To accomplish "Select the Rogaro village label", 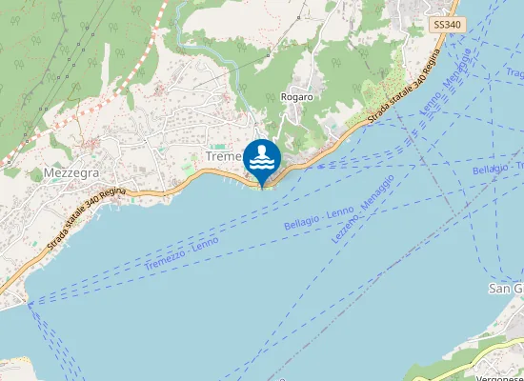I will (x=296, y=97).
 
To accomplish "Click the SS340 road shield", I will (x=447, y=25).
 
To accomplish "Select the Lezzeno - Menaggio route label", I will (x=364, y=198).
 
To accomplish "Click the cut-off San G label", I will (x=505, y=289).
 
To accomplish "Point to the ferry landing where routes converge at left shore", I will (x=29, y=305).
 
